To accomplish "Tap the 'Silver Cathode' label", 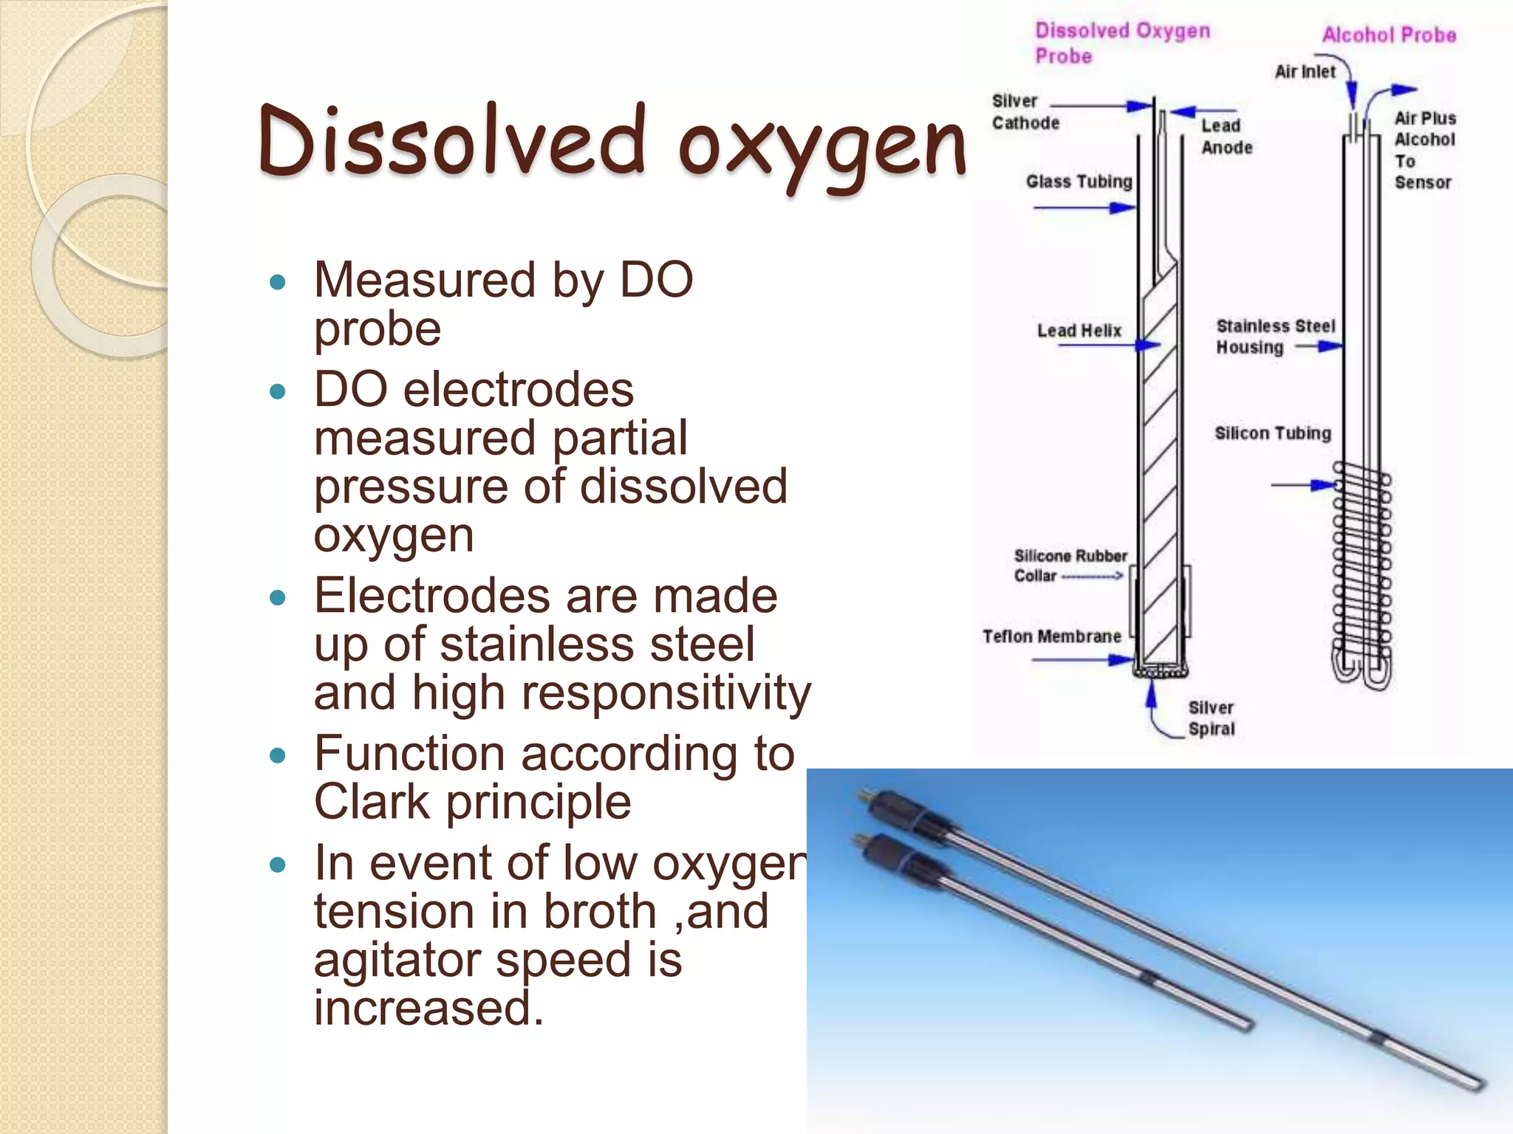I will tap(1025, 112).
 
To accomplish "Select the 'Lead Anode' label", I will tap(1226, 137).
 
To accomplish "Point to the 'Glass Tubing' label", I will tap(1079, 182).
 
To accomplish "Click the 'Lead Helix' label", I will tap(1079, 331).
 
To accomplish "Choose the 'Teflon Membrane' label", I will tap(1051, 636).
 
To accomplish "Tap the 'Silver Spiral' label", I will tap(1211, 718).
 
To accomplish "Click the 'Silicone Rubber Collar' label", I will tap(1070, 566).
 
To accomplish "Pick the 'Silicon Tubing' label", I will tap(1272, 433).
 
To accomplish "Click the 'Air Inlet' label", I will tap(1305, 72).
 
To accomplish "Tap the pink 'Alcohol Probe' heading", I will tap(1389, 35).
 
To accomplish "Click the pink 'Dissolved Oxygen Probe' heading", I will tap(1121, 43).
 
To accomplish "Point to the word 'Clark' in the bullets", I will tap(372, 803).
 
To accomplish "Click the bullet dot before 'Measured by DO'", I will tap(278, 282).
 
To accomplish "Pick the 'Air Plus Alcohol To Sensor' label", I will tap(1424, 151).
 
